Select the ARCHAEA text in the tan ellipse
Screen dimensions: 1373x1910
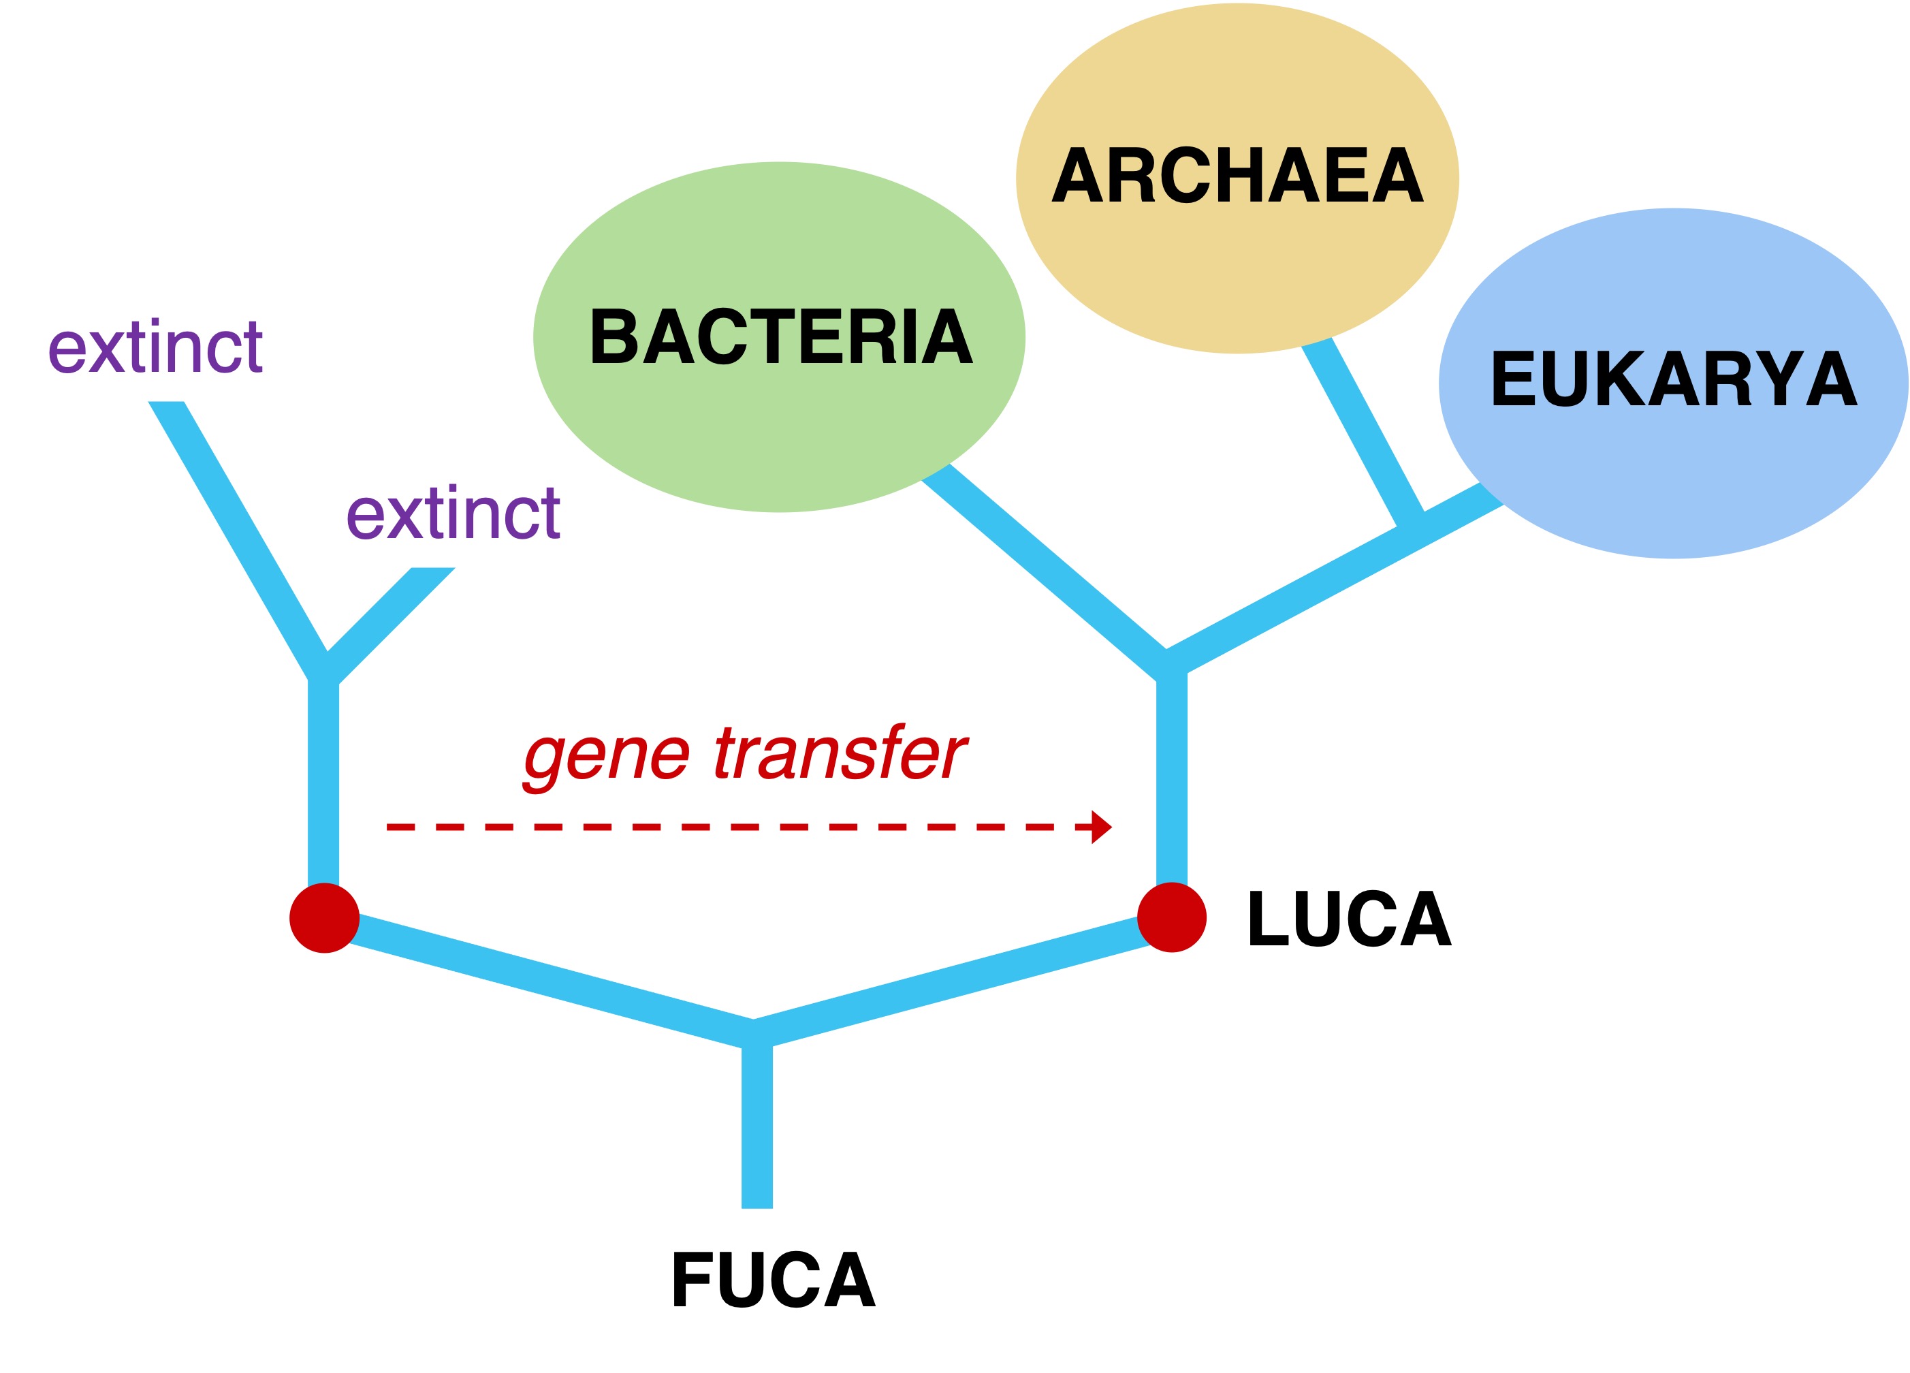pyautogui.click(x=1237, y=175)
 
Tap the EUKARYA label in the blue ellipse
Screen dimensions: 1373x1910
pyautogui.click(x=1673, y=379)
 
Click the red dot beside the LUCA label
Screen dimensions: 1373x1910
pyautogui.click(x=1171, y=917)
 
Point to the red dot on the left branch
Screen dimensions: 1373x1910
pyautogui.click(x=324, y=918)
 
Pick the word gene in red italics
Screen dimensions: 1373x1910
pyautogui.click(x=606, y=755)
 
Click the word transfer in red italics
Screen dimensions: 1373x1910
pyautogui.click(x=840, y=752)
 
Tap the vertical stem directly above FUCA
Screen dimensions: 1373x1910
pyautogui.click(x=757, y=1129)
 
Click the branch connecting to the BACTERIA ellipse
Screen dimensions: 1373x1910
pyautogui.click(x=1045, y=560)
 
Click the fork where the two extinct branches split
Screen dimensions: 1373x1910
pyautogui.click(x=324, y=669)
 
